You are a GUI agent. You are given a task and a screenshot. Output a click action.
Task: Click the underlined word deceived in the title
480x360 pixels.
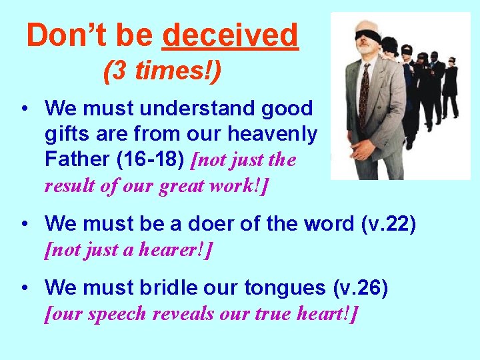(230, 35)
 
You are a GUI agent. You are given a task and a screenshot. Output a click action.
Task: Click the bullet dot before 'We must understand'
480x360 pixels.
(24, 108)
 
